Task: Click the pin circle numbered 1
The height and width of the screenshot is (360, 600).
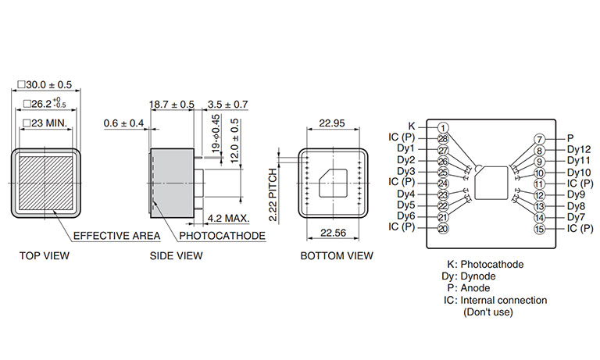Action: [x=443, y=128]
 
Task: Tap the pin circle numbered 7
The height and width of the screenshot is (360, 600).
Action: [x=539, y=139]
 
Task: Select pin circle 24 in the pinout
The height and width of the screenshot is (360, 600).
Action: [x=443, y=184]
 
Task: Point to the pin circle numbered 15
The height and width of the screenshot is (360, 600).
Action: [x=539, y=229]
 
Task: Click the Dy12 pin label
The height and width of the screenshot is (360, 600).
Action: [x=579, y=149]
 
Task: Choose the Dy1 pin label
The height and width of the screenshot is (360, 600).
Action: [x=405, y=148]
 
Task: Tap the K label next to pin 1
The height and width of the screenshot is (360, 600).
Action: [x=412, y=126]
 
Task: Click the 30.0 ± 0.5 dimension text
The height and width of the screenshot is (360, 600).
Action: [x=45, y=84]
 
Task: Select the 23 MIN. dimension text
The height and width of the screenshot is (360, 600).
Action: [x=45, y=123]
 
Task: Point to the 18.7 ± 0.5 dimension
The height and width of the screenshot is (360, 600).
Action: [x=172, y=104]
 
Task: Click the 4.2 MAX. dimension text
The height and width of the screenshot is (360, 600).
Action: [x=228, y=219]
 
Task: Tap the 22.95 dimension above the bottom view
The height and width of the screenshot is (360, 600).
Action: [x=332, y=123]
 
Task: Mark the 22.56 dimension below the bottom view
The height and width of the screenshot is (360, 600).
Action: [x=333, y=233]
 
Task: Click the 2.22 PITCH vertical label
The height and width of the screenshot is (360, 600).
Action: [x=273, y=194]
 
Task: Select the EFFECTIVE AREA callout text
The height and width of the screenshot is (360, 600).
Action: [x=116, y=236]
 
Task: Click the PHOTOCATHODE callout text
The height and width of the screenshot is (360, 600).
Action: [x=223, y=236]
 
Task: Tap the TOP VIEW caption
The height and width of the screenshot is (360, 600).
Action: [x=45, y=255]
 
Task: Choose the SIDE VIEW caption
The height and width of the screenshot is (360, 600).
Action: [x=176, y=255]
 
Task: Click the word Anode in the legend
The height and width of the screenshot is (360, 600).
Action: [x=475, y=288]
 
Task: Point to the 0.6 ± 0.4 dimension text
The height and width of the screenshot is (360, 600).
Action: [x=123, y=123]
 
